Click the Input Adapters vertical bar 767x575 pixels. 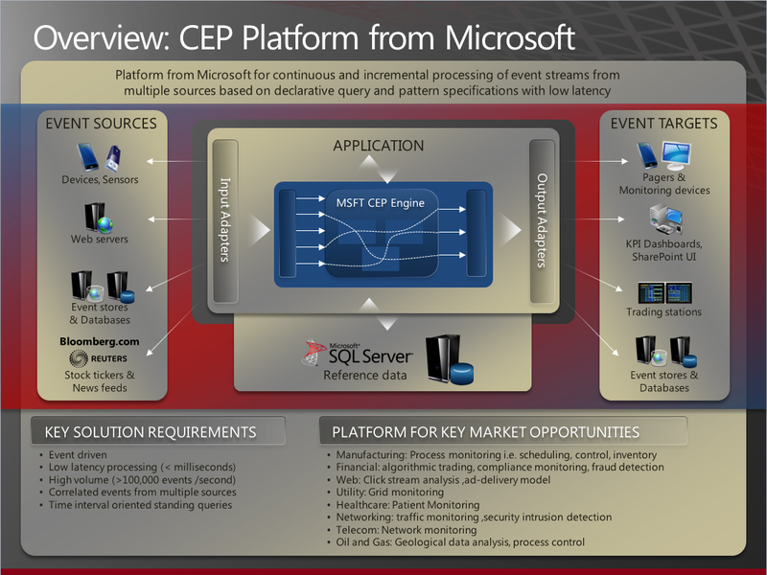[x=225, y=220]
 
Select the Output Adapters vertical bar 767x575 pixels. [x=542, y=220]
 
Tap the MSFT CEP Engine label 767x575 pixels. [x=380, y=203]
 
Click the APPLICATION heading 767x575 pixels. [x=378, y=146]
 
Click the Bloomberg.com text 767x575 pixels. [x=100, y=341]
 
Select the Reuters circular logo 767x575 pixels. [x=79, y=358]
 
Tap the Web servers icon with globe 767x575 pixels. [x=99, y=218]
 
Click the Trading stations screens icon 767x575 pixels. [x=664, y=292]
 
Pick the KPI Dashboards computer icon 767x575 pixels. [x=665, y=219]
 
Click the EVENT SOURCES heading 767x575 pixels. [x=102, y=124]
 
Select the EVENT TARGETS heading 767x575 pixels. [x=663, y=124]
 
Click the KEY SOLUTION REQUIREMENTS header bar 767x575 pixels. [x=158, y=431]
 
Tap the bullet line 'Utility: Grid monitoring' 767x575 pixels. [x=390, y=492]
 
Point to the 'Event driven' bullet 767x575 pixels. [x=78, y=454]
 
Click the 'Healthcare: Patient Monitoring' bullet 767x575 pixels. [x=407, y=505]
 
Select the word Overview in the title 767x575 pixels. [x=102, y=37]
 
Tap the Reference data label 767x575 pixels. [x=365, y=375]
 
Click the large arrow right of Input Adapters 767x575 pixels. [x=260, y=229]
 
